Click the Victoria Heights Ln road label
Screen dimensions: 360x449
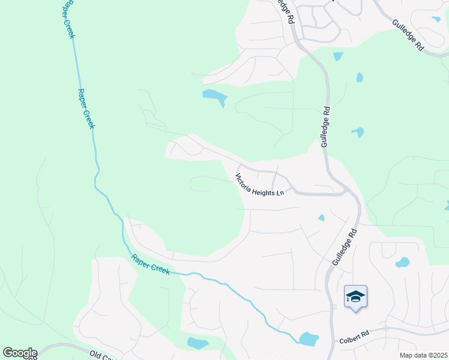[259, 185]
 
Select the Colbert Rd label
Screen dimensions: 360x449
[352, 339]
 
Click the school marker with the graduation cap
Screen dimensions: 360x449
[355, 296]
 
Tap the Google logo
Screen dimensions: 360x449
[20, 353]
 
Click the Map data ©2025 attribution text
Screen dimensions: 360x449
[423, 355]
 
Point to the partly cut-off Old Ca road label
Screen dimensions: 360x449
[103, 355]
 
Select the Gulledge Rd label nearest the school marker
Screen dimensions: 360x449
[344, 247]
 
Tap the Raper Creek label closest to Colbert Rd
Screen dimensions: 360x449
[151, 265]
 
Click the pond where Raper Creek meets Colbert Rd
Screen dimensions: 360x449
[309, 339]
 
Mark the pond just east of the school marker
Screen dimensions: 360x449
[402, 262]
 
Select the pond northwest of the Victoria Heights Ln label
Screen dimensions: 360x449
[215, 96]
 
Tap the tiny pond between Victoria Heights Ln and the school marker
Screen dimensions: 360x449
[322, 217]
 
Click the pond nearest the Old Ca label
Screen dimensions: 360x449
[197, 343]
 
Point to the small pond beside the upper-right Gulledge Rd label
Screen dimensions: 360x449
[436, 19]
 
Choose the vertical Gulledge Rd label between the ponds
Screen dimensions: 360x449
[325, 127]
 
